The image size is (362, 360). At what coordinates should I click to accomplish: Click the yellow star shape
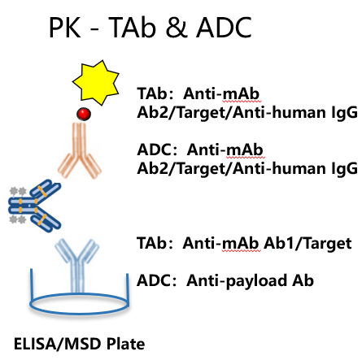(x=96, y=82)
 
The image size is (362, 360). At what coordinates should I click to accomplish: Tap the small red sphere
(x=84, y=114)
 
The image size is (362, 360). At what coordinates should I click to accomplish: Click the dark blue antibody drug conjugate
(x=35, y=206)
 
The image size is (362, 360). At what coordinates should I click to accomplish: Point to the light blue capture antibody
(x=77, y=264)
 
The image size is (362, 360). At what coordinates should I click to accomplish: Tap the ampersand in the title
(x=177, y=27)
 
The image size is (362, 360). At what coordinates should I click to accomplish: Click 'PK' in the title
(x=65, y=28)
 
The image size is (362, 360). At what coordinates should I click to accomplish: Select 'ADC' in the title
(x=225, y=28)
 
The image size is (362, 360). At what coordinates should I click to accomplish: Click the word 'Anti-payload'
(x=237, y=281)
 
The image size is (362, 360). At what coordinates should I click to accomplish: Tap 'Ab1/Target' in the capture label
(x=307, y=243)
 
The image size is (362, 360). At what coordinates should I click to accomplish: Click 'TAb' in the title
(x=133, y=28)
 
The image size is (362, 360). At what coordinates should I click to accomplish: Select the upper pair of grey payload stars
(x=18, y=191)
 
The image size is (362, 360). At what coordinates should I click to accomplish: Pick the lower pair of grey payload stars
(x=18, y=219)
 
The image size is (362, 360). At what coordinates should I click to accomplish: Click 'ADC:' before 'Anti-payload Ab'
(x=157, y=280)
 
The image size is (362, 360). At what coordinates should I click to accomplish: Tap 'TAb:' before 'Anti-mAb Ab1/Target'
(x=155, y=243)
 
